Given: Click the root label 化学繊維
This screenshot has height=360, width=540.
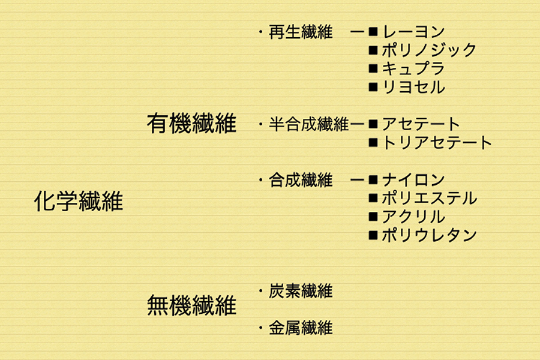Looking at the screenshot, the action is [79, 201].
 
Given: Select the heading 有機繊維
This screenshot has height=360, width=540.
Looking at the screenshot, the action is [191, 124].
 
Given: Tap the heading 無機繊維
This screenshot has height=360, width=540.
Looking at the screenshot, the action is [191, 305].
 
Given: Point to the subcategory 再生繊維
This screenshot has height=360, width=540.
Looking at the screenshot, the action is [301, 32].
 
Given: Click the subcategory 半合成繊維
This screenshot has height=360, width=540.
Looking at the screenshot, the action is [309, 124].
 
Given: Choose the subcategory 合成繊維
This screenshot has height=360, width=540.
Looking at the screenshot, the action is [301, 180].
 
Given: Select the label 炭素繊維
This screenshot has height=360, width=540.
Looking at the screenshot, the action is [301, 291].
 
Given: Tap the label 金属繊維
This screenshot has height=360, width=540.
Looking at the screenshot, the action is [301, 328].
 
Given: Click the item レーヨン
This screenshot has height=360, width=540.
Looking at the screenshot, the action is [413, 32].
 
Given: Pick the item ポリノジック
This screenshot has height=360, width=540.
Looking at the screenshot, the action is [429, 50].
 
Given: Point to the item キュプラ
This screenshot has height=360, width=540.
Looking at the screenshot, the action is [413, 68].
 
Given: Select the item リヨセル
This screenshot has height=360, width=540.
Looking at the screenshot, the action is [413, 87].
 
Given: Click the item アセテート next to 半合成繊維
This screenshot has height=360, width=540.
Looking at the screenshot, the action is [421, 124].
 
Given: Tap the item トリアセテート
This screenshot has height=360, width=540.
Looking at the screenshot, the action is [437, 143].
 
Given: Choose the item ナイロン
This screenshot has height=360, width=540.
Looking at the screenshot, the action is [413, 180].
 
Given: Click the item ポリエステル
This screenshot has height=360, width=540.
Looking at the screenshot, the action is [429, 199].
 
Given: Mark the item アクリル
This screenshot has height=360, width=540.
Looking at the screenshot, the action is [413, 217].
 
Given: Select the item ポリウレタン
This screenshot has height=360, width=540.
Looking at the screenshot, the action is [429, 235].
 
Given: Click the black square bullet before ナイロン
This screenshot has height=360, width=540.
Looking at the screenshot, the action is [373, 180].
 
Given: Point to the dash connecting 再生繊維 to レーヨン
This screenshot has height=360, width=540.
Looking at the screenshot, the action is [357, 32].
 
